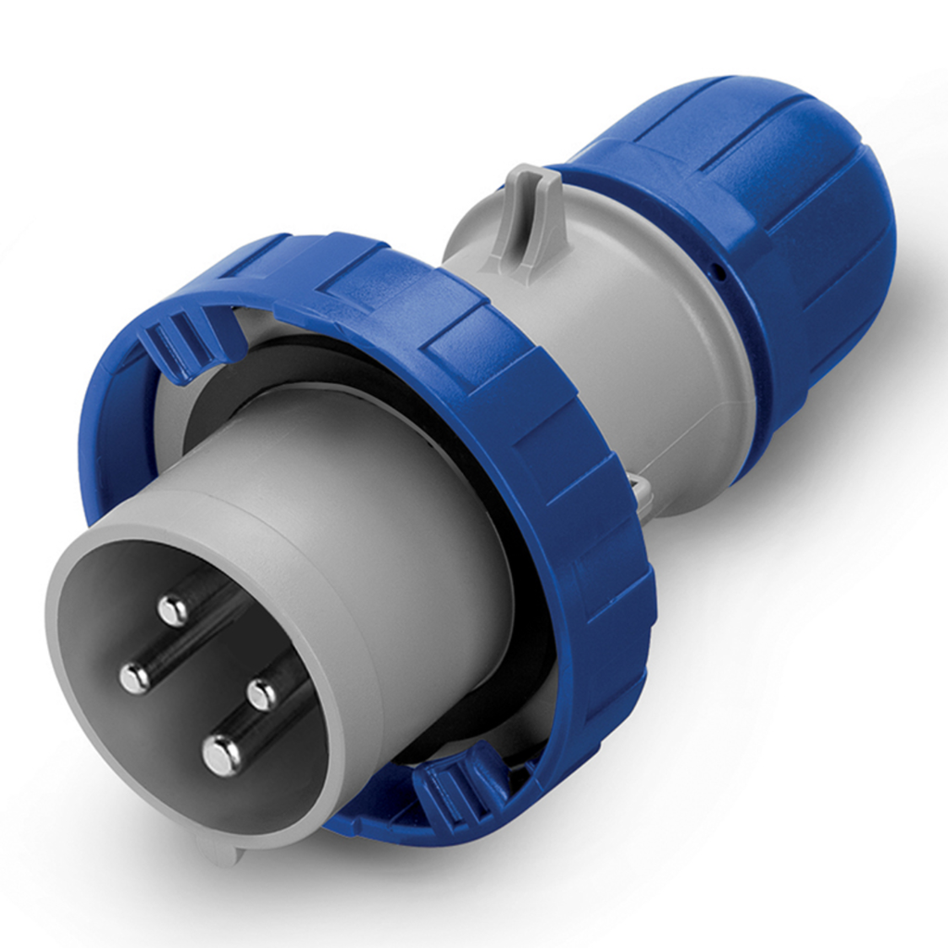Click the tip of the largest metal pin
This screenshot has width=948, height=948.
(x=222, y=755)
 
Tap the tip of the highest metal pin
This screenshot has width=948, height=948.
(x=172, y=609)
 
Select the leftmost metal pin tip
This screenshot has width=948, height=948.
(x=135, y=678)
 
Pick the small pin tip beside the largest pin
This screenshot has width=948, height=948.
(x=262, y=693)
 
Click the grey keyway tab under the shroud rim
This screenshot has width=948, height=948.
(x=220, y=847)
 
